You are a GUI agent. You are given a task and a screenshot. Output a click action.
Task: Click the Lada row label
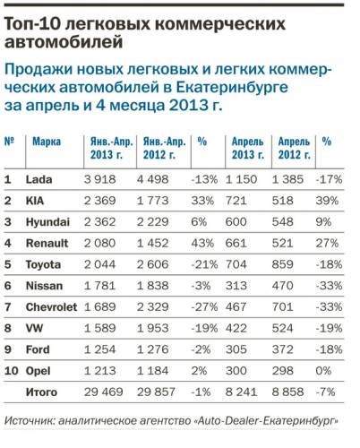pos(39,179)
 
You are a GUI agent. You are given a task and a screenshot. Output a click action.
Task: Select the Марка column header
pos(47,142)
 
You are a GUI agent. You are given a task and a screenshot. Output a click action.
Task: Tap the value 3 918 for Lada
pos(99,179)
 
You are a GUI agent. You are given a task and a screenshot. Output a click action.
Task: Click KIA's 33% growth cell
pos(202,201)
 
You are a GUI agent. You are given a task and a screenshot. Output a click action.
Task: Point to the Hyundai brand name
pos(47,222)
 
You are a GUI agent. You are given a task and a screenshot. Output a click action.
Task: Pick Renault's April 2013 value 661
pos(236,243)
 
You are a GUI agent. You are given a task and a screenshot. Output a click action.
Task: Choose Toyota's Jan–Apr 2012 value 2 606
pos(152,264)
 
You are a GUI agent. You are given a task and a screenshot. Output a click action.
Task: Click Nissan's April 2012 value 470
pos(282,286)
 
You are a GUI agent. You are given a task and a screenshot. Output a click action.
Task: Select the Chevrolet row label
pos(51,307)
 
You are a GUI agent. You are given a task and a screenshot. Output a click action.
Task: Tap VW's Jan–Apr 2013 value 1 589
pos(99,328)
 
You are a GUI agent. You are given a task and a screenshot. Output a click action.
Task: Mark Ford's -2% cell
pos(201,349)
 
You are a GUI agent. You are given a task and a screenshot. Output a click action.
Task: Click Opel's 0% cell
pos(323,371)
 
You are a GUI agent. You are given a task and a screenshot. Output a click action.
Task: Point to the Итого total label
pos(41,392)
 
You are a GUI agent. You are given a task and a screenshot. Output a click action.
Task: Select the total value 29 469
pos(103,392)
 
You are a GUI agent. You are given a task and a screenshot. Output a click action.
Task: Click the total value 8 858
pos(287,392)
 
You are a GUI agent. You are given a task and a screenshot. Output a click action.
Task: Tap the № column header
pos(9,141)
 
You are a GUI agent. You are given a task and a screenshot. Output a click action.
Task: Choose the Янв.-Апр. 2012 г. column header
pos(164,148)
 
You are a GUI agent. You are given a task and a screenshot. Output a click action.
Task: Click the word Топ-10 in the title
pos(31,24)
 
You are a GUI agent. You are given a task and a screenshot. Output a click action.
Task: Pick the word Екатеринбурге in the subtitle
pos(232,87)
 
